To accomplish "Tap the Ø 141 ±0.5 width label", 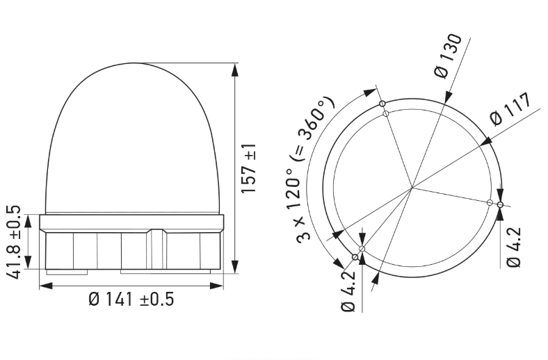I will (x=131, y=300).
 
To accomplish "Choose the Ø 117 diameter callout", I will (x=510, y=109).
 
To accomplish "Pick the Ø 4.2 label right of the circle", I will (x=514, y=247).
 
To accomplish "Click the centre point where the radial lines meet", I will (x=412, y=187).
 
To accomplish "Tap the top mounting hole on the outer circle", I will (x=382, y=104).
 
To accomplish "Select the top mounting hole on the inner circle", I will (x=385, y=113).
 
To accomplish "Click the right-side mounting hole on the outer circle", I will (x=500, y=204).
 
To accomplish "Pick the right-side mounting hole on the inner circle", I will (x=490, y=203).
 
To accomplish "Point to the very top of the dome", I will (x=131, y=63).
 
